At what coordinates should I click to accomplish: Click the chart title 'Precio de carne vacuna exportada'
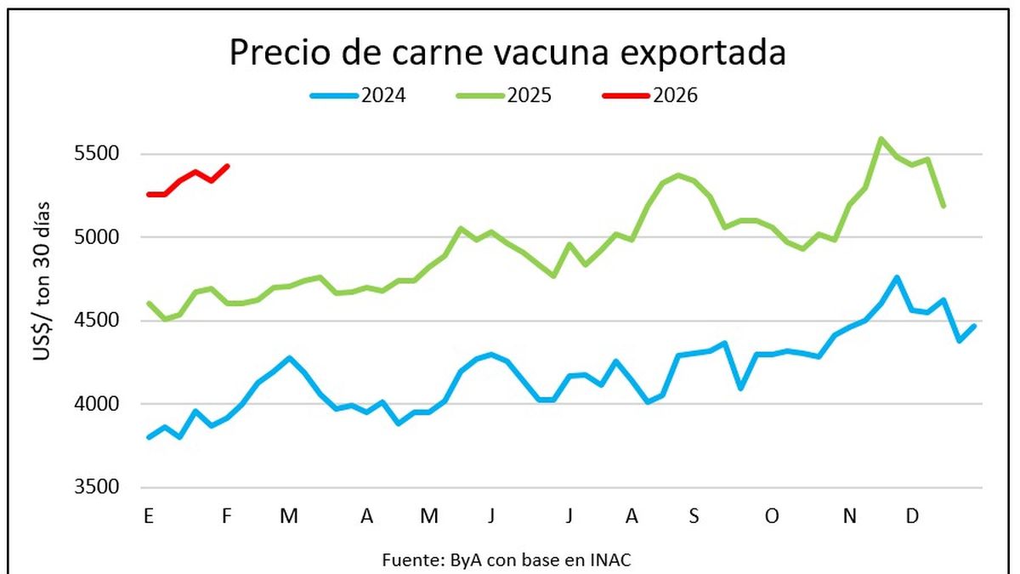507,53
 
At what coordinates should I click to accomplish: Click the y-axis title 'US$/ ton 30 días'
42,281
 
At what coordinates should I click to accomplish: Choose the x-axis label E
149,516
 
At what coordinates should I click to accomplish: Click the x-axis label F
226,516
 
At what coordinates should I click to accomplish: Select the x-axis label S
694,516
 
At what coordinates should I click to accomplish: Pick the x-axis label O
771,516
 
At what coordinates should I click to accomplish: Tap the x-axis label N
849,516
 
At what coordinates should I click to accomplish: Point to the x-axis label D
911,516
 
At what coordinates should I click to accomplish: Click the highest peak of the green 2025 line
881,139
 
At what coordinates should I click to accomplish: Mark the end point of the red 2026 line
227,166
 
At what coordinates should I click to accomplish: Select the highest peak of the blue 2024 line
897,277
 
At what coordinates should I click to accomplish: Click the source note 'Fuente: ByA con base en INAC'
507,559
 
